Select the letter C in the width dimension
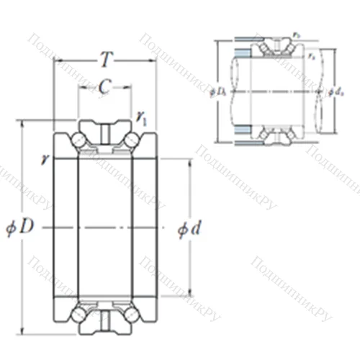(104, 88)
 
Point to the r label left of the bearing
(45, 153)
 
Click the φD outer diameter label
(19, 228)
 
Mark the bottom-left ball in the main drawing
(76, 314)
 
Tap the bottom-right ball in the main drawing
(132, 314)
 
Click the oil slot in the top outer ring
(104, 132)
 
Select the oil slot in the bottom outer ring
(104, 320)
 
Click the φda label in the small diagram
(335, 92)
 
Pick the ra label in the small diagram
(310, 55)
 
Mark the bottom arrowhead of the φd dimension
(190, 293)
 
